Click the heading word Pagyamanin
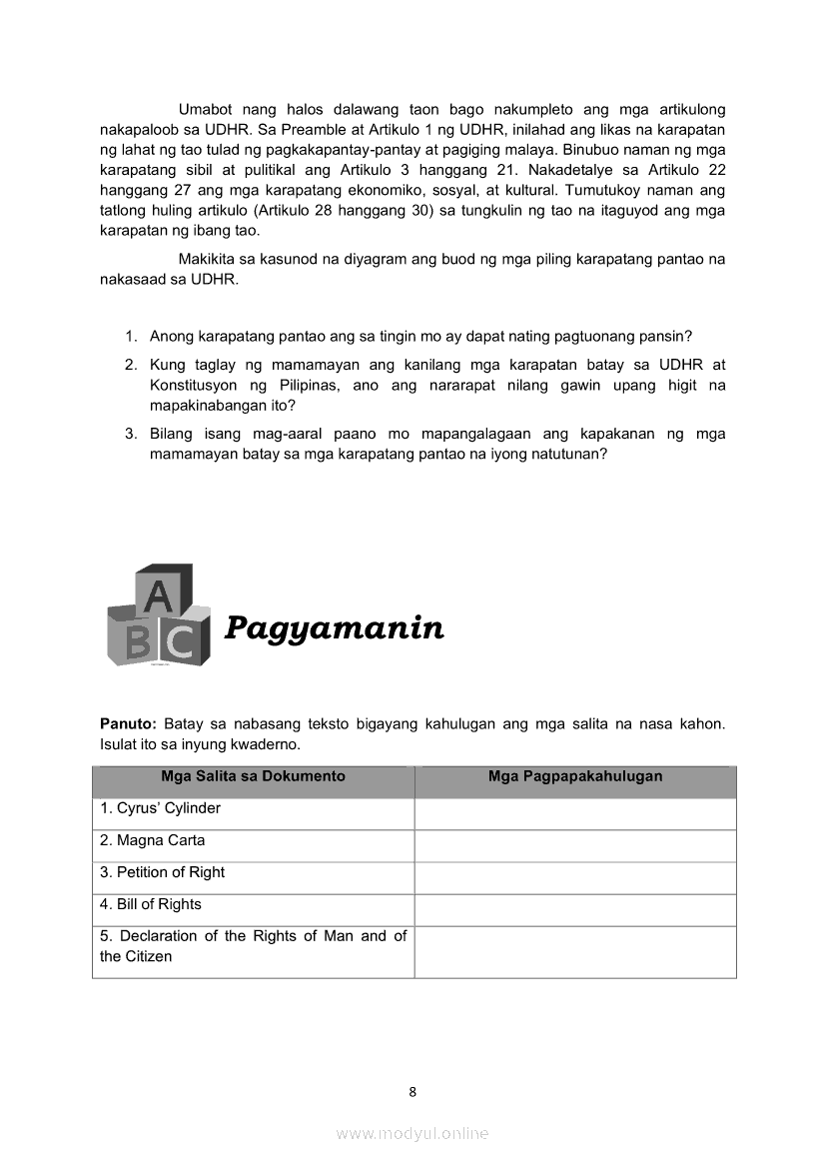pos(334,628)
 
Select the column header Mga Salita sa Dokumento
pos(253,776)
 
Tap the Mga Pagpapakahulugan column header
pos(575,776)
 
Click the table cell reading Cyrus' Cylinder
pos(160,808)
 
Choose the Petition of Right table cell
pos(162,872)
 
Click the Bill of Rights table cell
pos(150,904)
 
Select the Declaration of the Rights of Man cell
pos(253,946)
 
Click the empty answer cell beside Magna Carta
pos(575,845)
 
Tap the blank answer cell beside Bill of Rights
pos(575,909)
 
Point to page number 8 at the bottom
pos(412,1092)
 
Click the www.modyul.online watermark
pos(412,1133)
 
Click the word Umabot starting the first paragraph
pos(205,110)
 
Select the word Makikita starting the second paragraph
pos(207,260)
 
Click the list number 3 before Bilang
pos(130,434)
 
